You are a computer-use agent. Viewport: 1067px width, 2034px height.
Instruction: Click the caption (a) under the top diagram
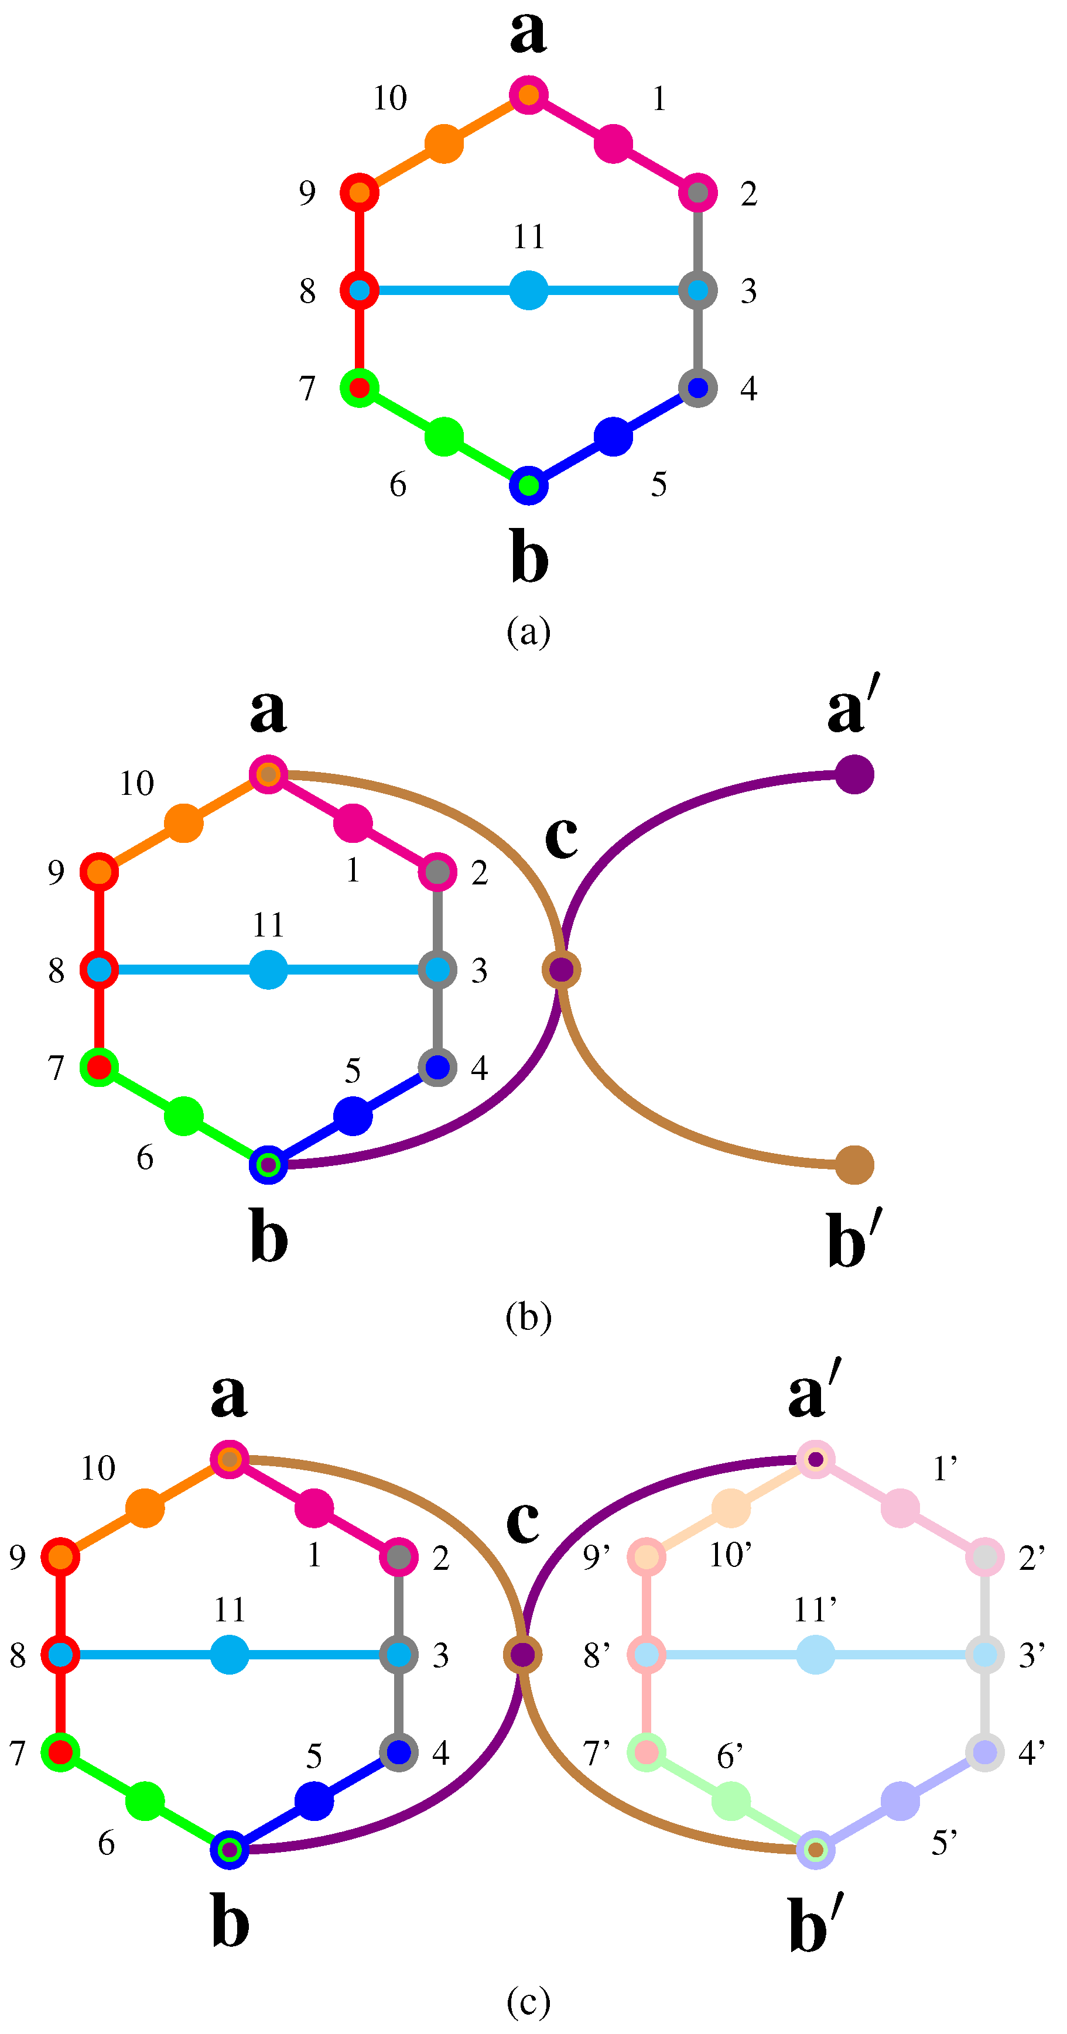tap(528, 632)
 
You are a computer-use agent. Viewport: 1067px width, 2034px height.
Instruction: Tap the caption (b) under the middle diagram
tap(528, 1316)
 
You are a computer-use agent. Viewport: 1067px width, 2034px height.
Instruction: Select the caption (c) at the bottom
tap(528, 2002)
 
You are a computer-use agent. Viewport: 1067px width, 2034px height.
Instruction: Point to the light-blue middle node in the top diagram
tap(528, 290)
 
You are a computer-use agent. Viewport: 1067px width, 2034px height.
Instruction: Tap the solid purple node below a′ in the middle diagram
tap(854, 774)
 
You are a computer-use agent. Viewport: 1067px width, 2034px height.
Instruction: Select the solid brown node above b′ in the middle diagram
tap(854, 1165)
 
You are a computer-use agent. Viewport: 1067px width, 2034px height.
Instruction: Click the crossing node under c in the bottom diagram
tap(522, 1654)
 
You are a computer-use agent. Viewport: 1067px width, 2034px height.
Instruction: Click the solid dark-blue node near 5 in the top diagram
tap(613, 437)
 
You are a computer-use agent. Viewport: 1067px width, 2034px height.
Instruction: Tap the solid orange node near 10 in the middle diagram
tap(183, 823)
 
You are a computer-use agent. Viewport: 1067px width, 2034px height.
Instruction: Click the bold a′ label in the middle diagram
tap(854, 705)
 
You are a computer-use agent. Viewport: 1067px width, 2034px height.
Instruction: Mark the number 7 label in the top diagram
tap(307, 389)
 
